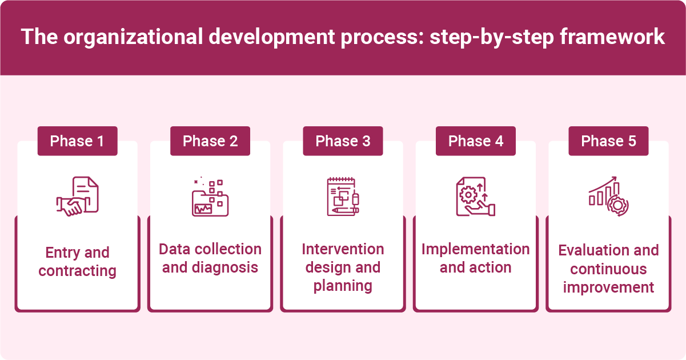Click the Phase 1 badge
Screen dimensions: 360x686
click(x=77, y=141)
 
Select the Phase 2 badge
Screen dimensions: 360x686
click(x=210, y=141)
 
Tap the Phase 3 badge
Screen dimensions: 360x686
click(x=343, y=141)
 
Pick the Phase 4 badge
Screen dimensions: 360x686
click(x=476, y=141)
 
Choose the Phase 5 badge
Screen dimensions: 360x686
click(x=608, y=141)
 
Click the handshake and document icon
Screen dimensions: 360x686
click(x=77, y=196)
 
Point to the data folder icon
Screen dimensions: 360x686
click(x=210, y=197)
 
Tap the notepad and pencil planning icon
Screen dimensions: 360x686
click(x=343, y=197)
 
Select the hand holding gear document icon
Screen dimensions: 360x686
click(x=475, y=197)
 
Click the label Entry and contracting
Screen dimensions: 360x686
click(x=77, y=262)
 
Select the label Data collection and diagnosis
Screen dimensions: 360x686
click(x=210, y=258)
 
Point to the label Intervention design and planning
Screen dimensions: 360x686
click(x=343, y=267)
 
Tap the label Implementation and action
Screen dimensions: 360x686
click(x=476, y=258)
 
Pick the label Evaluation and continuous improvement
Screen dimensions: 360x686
click(x=608, y=269)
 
